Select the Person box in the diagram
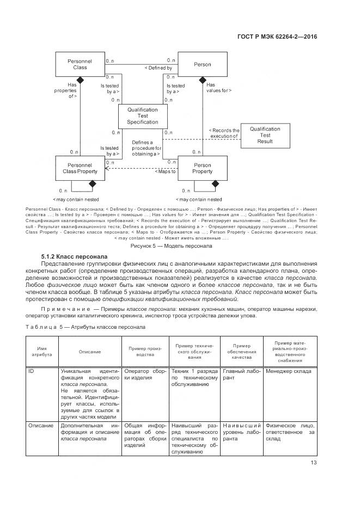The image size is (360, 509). coord(203,65)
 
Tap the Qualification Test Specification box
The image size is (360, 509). coord(142,116)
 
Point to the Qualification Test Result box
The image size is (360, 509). coord(265,135)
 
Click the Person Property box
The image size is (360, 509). coord(203,168)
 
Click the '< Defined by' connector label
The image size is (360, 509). coord(158,68)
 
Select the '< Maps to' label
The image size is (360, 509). coord(166,171)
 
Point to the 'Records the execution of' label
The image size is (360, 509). coord(224,133)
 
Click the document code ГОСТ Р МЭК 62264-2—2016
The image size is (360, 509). coord(277,37)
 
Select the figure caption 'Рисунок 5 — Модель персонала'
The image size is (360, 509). coord(180,246)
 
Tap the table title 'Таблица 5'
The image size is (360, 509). coord(85,327)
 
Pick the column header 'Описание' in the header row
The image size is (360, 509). coord(90,352)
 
